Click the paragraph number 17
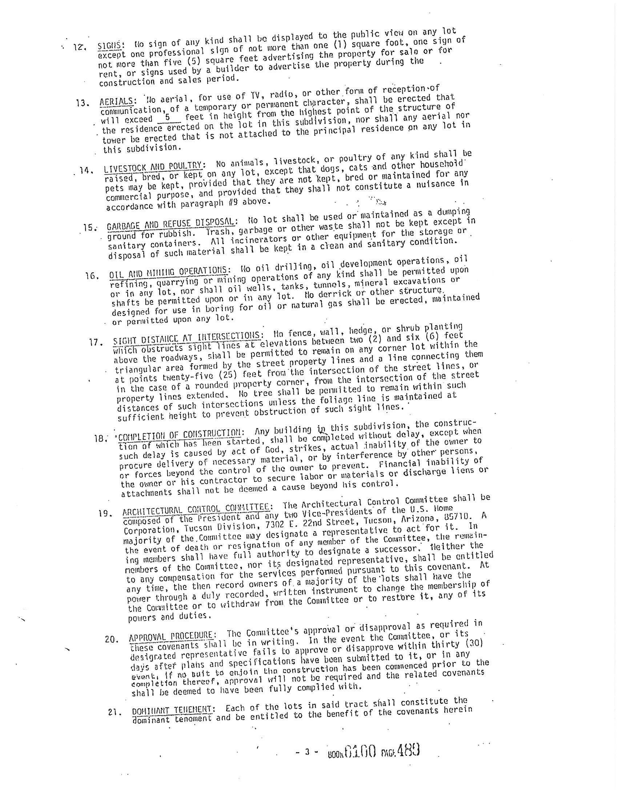pos(95,342)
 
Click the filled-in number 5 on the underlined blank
pos(168,118)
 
